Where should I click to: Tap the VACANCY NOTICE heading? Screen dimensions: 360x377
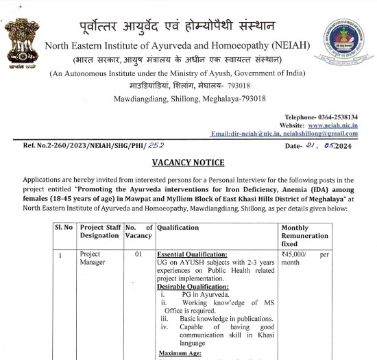click(188, 163)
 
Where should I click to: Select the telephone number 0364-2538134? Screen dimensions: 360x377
click(346, 118)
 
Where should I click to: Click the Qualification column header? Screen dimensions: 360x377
click(178, 228)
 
